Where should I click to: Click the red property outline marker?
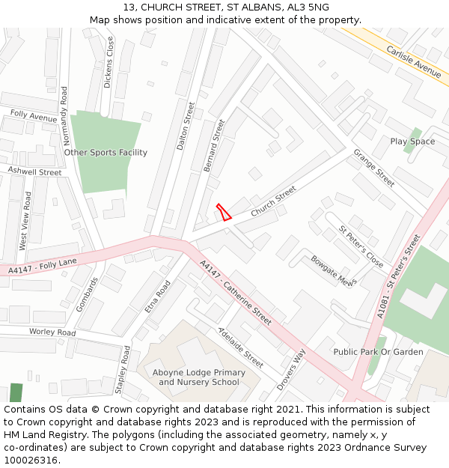[x=223, y=212]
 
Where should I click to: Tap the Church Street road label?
[x=273, y=202]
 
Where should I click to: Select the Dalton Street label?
[x=185, y=127]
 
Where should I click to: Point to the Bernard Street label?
[x=214, y=145]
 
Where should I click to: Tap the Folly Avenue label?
[x=34, y=118]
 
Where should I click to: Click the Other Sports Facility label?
[x=106, y=153]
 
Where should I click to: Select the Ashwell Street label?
[x=34, y=171]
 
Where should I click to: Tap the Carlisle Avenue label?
[x=414, y=61]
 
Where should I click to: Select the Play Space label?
[x=412, y=142]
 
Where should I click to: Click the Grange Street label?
[x=373, y=168]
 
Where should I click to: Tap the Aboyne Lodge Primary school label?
[x=198, y=377]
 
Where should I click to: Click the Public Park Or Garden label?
[x=378, y=352]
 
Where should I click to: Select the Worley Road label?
[x=52, y=332]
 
